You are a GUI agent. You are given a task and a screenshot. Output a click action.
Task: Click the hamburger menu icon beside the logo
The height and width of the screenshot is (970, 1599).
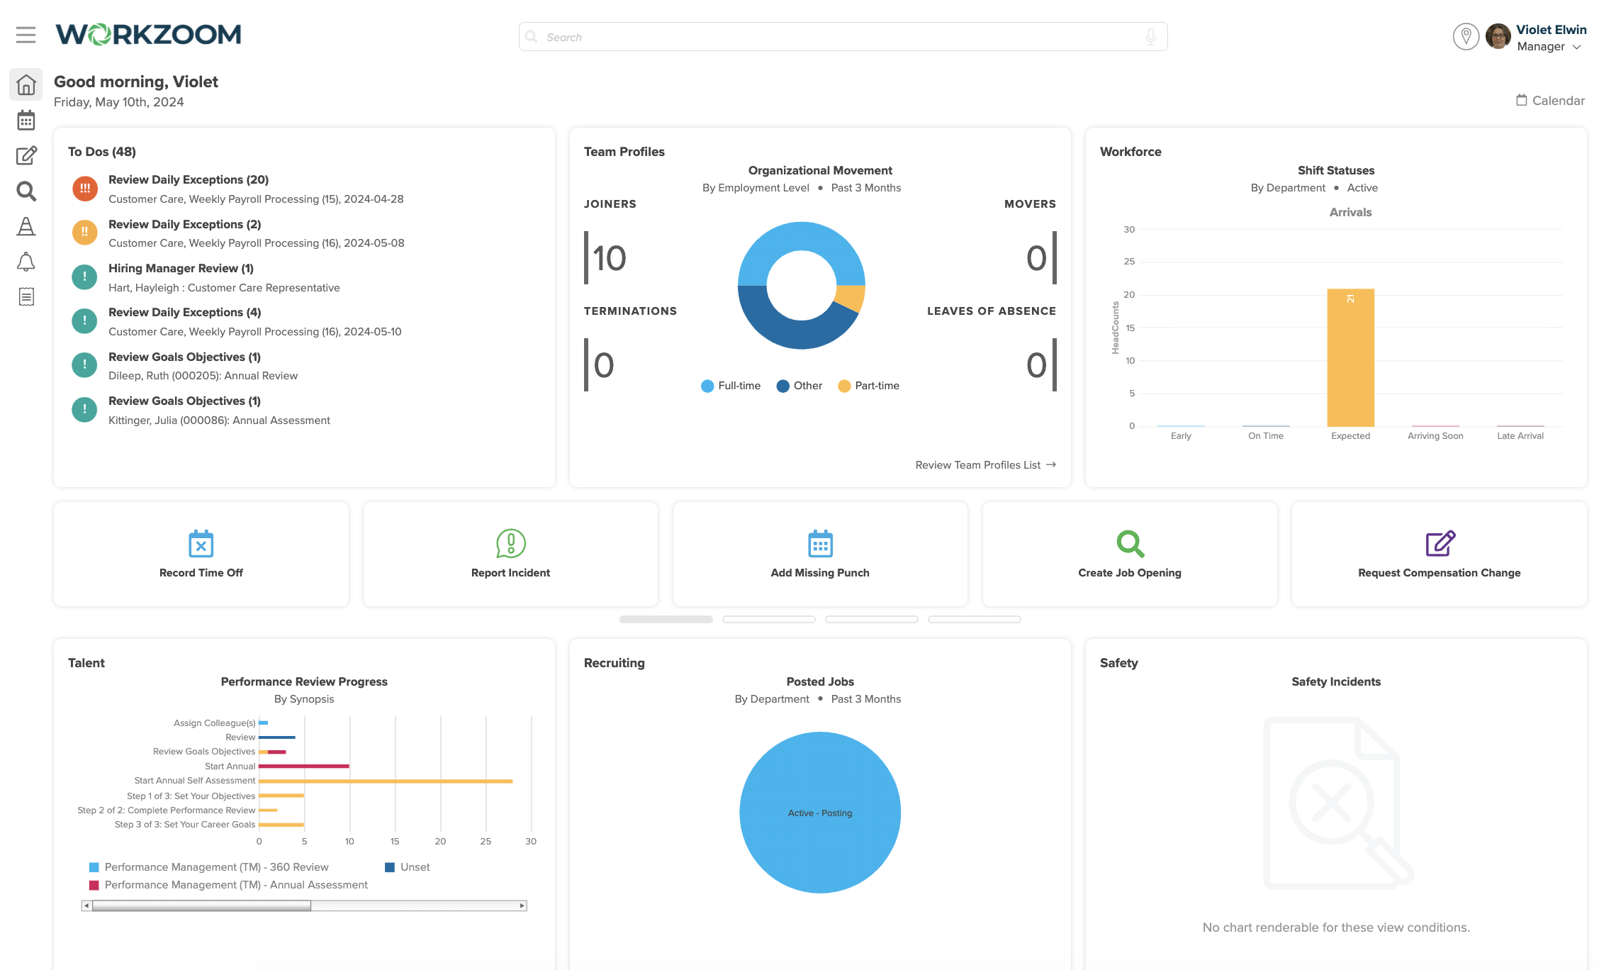pyautogui.click(x=26, y=35)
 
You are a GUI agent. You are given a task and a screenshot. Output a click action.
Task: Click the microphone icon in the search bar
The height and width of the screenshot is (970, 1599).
pyautogui.click(x=1150, y=37)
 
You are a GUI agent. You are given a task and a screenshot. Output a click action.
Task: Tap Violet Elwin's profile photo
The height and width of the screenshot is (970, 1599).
pyautogui.click(x=1497, y=36)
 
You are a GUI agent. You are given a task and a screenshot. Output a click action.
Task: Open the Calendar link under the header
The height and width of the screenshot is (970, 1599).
pyautogui.click(x=1550, y=101)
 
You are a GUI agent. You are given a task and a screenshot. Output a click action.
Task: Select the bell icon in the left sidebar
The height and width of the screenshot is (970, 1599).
pyautogui.click(x=26, y=262)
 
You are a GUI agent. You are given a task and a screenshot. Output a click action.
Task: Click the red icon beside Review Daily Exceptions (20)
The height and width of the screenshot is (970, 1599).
pyautogui.click(x=85, y=189)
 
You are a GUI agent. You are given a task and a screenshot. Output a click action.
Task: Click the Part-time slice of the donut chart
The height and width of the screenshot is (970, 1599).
pyautogui.click(x=851, y=298)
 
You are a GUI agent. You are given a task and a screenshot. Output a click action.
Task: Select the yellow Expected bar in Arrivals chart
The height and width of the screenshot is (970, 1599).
pyautogui.click(x=1350, y=357)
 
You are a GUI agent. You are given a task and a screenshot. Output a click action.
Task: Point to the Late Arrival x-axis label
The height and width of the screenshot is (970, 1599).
pyautogui.click(x=1520, y=436)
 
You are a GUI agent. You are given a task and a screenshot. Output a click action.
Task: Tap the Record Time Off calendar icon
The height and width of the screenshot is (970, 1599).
pyautogui.click(x=201, y=544)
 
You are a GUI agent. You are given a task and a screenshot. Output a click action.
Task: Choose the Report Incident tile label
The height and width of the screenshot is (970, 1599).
pyautogui.click(x=510, y=573)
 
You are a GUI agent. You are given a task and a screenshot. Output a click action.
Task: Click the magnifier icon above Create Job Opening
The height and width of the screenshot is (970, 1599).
pyautogui.click(x=1130, y=544)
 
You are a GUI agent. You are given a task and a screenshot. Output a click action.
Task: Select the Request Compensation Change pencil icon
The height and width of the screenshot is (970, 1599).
pyautogui.click(x=1440, y=544)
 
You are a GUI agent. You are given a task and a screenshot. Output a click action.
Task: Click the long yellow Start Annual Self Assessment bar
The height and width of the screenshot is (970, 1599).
pyautogui.click(x=386, y=781)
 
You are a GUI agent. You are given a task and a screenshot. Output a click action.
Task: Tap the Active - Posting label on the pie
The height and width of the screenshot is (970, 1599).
pyautogui.click(x=820, y=813)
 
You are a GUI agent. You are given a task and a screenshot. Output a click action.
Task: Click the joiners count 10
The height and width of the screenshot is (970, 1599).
pyautogui.click(x=610, y=258)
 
